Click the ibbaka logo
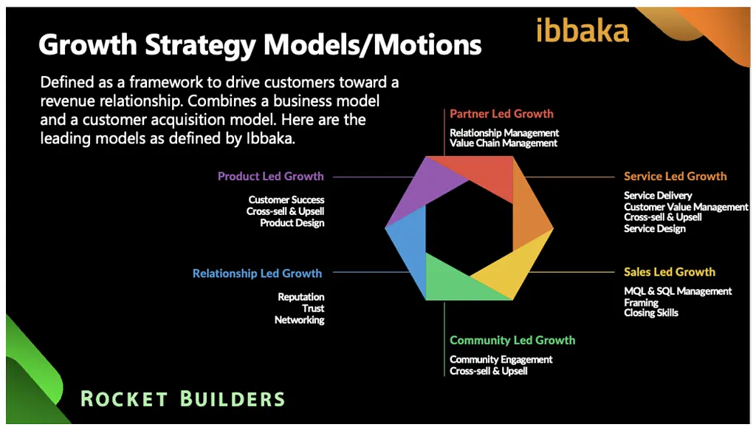[x=583, y=30]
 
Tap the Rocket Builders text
[x=182, y=399]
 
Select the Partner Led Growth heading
[x=501, y=114]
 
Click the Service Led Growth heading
[x=675, y=177]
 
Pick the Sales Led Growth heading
[x=669, y=272]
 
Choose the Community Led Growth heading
[x=512, y=341]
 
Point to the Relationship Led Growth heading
[x=257, y=273]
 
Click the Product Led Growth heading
[x=270, y=177]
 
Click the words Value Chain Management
[x=504, y=143]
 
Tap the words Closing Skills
[x=651, y=313]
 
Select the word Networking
[x=299, y=320]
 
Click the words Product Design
[x=292, y=223]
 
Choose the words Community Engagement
[x=501, y=360]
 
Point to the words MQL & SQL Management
[x=678, y=291]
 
